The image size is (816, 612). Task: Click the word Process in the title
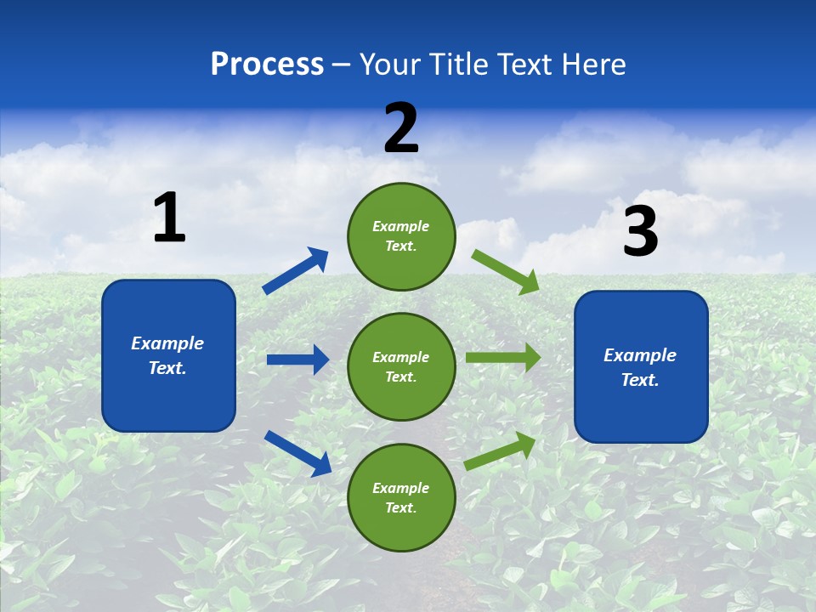point(267,65)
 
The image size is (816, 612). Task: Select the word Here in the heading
point(592,65)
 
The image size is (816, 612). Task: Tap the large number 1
point(169,218)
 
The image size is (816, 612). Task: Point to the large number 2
point(401,128)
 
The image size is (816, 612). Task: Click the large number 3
point(640,232)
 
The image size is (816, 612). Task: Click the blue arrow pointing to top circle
point(295,271)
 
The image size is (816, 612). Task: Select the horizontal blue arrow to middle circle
point(297,360)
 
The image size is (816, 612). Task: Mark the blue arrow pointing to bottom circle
point(297,452)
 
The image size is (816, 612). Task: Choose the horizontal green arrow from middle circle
point(502,358)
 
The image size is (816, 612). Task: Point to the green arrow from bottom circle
point(501,450)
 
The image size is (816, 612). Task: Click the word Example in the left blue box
point(167,343)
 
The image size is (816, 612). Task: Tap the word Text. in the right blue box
point(640,380)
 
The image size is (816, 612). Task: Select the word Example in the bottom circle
point(401,488)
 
